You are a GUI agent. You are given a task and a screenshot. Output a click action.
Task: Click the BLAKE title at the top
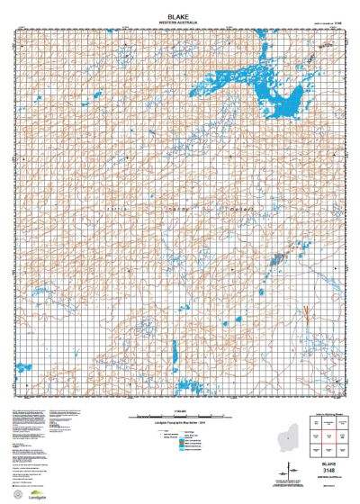tap(180, 6)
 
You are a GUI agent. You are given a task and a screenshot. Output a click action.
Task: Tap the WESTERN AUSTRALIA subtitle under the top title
tap(180, 13)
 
